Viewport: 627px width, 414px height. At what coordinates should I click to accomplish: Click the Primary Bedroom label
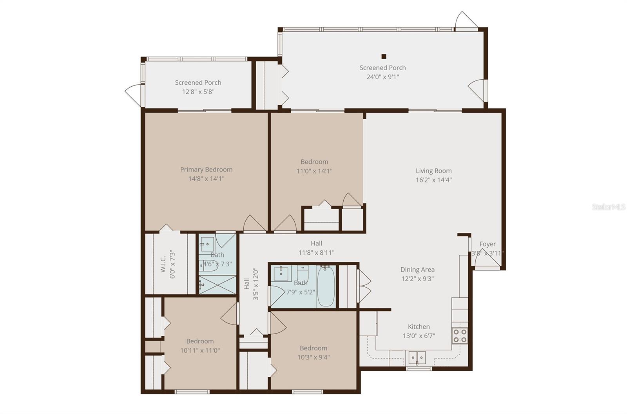(206, 170)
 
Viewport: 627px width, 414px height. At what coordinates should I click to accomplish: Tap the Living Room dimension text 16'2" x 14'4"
(433, 180)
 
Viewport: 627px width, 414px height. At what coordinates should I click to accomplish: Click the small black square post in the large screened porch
(384, 56)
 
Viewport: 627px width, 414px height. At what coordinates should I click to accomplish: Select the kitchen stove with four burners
(460, 336)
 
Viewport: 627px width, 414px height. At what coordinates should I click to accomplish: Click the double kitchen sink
(417, 357)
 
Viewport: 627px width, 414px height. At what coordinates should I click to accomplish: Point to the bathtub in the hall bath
(326, 286)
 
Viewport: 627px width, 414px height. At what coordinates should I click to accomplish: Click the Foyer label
(487, 244)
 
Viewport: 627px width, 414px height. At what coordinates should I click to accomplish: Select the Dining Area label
(417, 270)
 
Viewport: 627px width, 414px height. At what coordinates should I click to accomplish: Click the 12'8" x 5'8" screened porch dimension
(198, 92)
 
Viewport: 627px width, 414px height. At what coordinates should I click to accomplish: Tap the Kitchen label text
(419, 326)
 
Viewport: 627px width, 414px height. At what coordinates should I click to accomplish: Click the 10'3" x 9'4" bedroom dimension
(313, 357)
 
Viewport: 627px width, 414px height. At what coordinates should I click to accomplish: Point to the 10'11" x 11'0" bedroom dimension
(200, 350)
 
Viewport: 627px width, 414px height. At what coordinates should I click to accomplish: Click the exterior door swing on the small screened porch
(132, 94)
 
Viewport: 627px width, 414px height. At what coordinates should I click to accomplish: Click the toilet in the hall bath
(303, 272)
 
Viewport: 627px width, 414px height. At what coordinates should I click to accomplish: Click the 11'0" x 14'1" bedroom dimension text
(314, 171)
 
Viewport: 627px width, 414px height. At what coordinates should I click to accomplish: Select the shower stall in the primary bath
(217, 285)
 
